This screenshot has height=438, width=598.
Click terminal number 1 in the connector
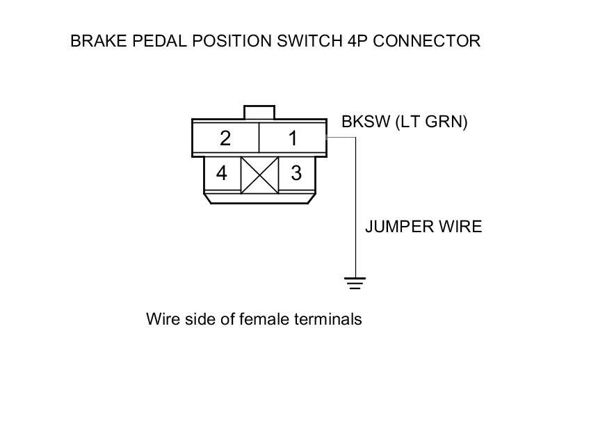293,138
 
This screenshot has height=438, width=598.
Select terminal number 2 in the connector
225,138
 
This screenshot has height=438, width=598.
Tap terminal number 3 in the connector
296,173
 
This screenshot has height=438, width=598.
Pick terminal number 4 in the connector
221,173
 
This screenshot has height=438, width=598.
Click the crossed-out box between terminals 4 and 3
259,175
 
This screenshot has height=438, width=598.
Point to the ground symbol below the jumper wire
355,282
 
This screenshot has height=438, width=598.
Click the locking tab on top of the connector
259,112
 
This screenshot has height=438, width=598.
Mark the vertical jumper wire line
355,209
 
